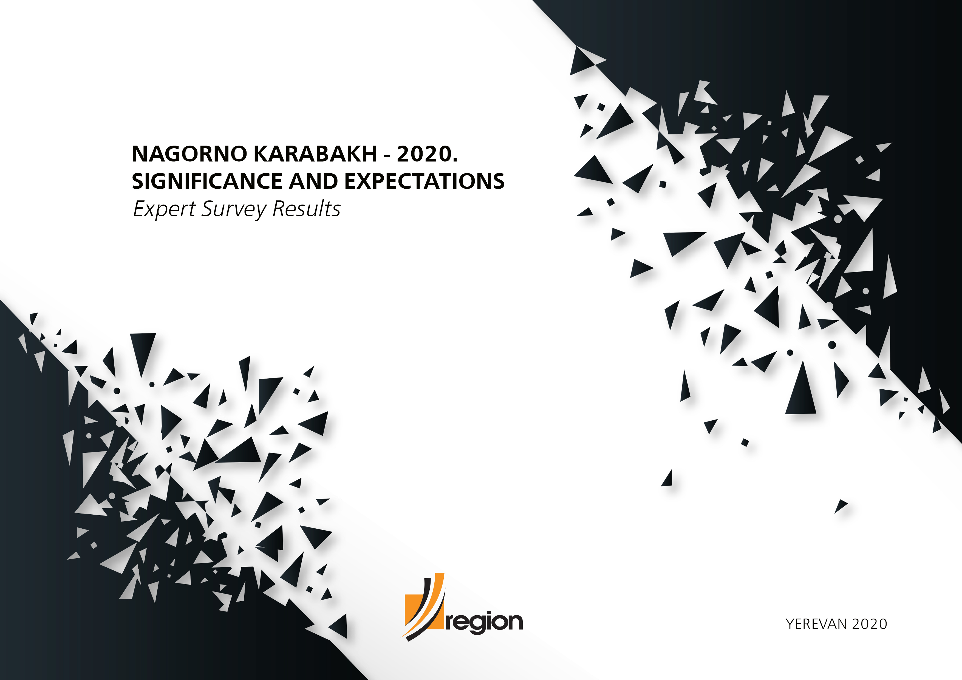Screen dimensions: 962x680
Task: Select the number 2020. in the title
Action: click(x=427, y=154)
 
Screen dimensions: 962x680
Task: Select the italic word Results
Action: click(x=306, y=209)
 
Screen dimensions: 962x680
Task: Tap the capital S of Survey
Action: click(x=208, y=209)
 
